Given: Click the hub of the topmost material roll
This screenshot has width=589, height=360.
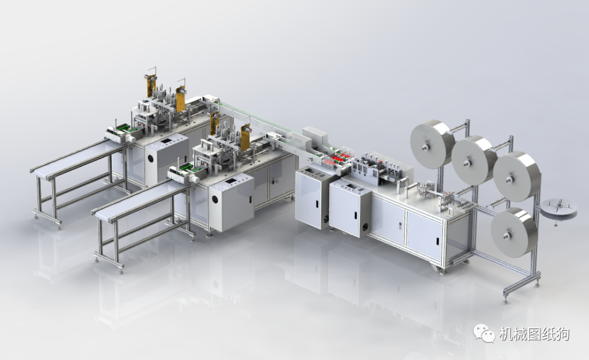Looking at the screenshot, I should pyautogui.click(x=424, y=145).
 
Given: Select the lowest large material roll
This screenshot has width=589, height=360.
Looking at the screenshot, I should pyautogui.click(x=514, y=232).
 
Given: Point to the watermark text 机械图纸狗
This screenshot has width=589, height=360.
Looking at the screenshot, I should pyautogui.click(x=534, y=334).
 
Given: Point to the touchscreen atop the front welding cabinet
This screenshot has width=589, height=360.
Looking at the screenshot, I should pyautogui.click(x=233, y=179).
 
